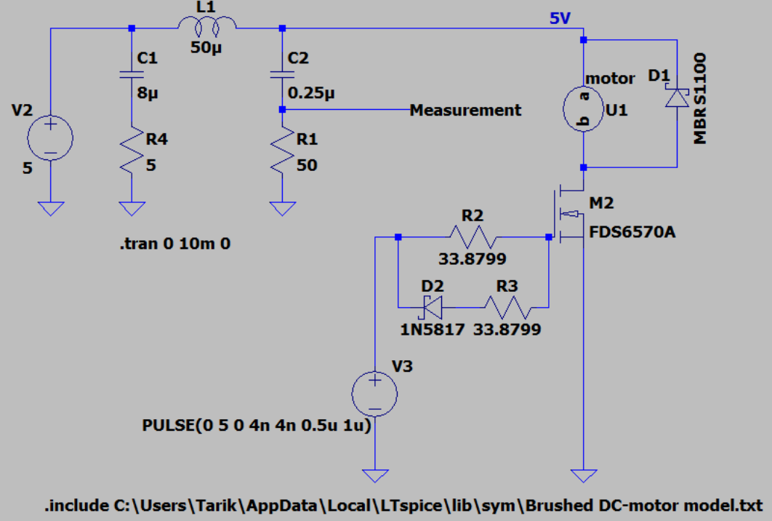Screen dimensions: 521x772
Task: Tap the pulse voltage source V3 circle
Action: (x=374, y=395)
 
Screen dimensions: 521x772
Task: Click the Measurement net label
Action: (x=465, y=110)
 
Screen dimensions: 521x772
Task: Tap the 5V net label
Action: (x=560, y=19)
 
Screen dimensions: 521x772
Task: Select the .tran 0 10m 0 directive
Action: (x=174, y=245)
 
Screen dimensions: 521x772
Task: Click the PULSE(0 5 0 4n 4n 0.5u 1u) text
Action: (x=257, y=426)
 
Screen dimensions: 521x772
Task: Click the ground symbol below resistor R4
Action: (x=131, y=210)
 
